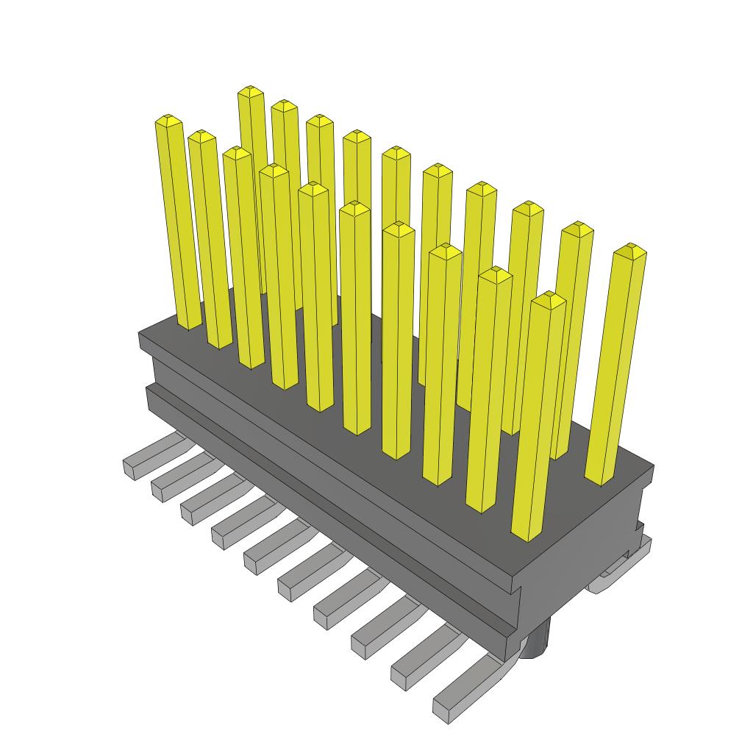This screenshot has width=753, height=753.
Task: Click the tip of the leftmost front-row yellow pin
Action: [168, 119]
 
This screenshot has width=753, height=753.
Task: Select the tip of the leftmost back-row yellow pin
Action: [251, 90]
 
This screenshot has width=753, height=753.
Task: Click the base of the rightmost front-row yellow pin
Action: [527, 535]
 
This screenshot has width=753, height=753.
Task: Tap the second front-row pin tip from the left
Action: [201, 135]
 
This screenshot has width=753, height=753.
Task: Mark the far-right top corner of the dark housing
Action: [653, 466]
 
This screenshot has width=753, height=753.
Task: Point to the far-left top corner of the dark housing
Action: [140, 335]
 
